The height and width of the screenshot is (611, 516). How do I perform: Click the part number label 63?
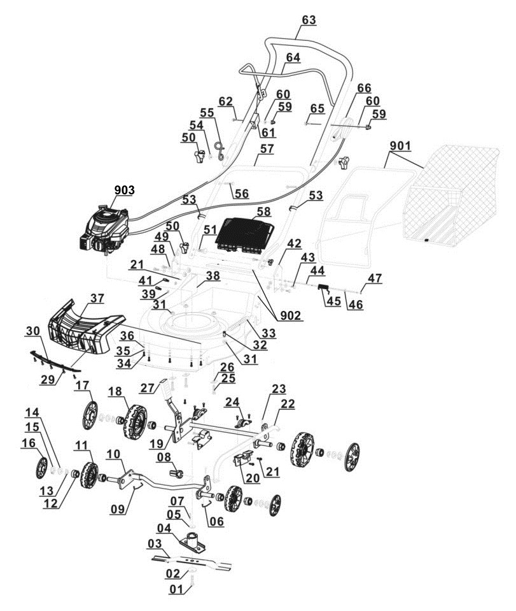tap(308, 20)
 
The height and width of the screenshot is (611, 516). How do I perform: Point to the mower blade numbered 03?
tap(192, 561)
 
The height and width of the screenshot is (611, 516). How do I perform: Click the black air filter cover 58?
tap(246, 233)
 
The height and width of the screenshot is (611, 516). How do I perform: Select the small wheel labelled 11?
tap(88, 473)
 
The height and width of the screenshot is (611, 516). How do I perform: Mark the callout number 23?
tap(278, 389)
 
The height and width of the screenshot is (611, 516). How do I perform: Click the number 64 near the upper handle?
tap(293, 57)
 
